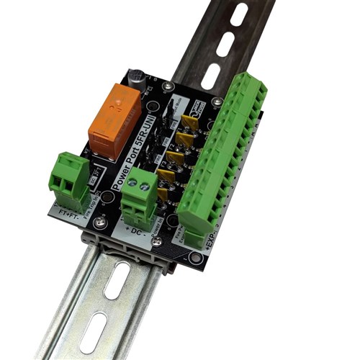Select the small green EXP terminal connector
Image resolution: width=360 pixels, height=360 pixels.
pos(194,238)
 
